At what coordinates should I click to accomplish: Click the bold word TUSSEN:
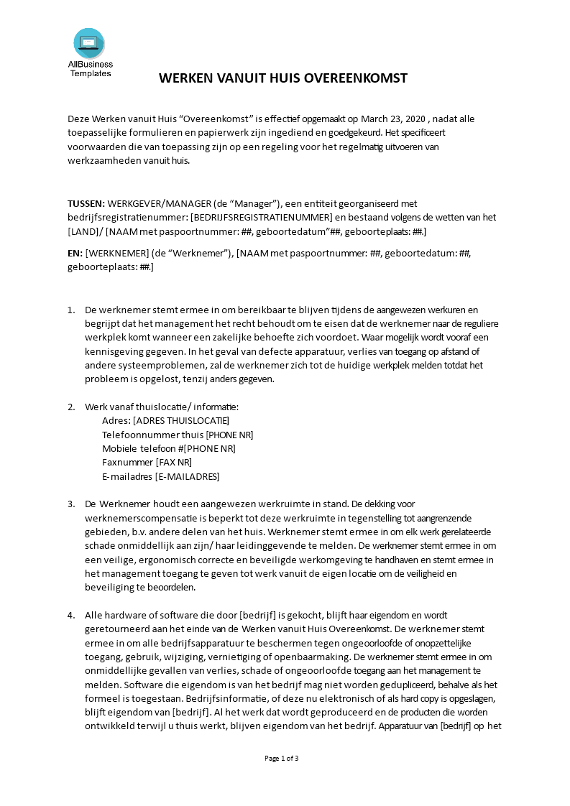click(86, 203)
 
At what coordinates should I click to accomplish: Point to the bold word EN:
click(75, 253)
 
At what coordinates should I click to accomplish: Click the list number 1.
click(71, 310)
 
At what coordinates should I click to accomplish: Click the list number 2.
click(71, 407)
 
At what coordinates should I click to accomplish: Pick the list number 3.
click(71, 504)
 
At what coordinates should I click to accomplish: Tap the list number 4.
click(71, 616)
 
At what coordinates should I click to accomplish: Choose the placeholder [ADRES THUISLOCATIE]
click(181, 421)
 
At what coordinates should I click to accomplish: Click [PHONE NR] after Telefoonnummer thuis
click(229, 435)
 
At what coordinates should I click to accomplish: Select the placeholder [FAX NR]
click(174, 463)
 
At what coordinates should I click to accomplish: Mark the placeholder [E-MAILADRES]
click(187, 476)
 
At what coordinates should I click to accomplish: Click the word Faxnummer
click(127, 463)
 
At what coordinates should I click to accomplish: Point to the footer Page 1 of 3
click(282, 759)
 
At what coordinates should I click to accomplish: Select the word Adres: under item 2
click(116, 421)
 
